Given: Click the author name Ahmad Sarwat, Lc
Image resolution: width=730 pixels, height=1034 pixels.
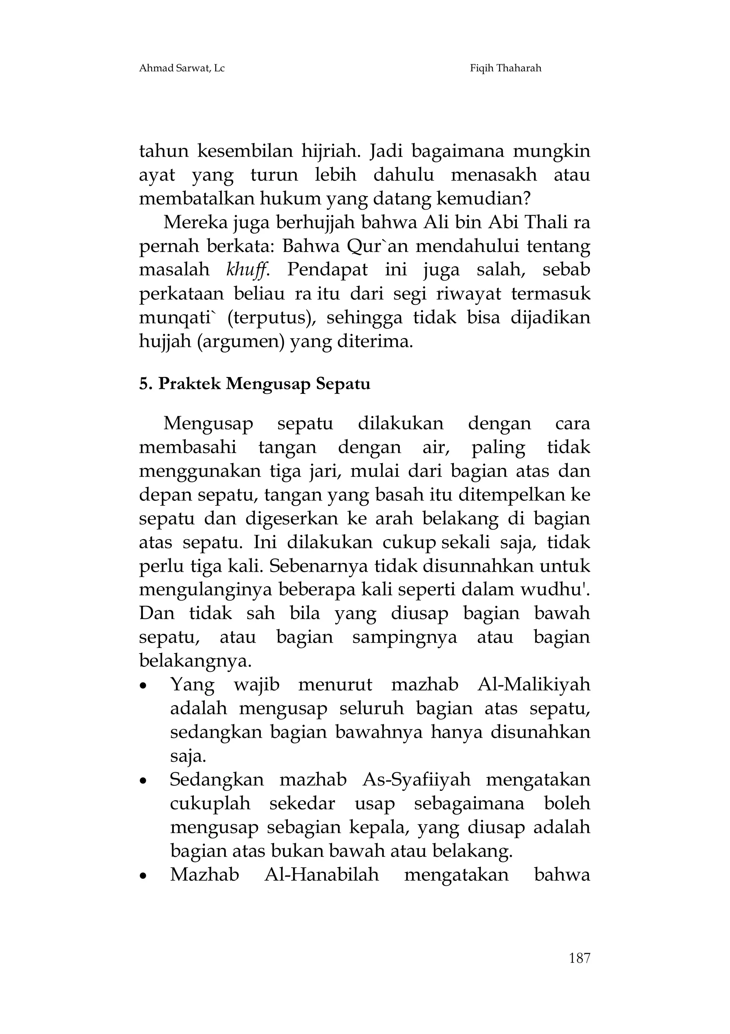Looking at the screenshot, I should [x=181, y=68].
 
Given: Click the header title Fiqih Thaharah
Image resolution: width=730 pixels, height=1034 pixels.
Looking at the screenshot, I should [x=505, y=68].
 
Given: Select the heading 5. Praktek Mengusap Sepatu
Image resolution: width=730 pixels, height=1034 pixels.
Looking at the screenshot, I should [x=255, y=384].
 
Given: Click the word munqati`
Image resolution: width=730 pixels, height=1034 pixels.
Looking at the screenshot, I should [x=178, y=318].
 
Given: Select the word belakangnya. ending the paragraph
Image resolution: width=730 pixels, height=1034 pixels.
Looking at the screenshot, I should [x=195, y=661].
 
